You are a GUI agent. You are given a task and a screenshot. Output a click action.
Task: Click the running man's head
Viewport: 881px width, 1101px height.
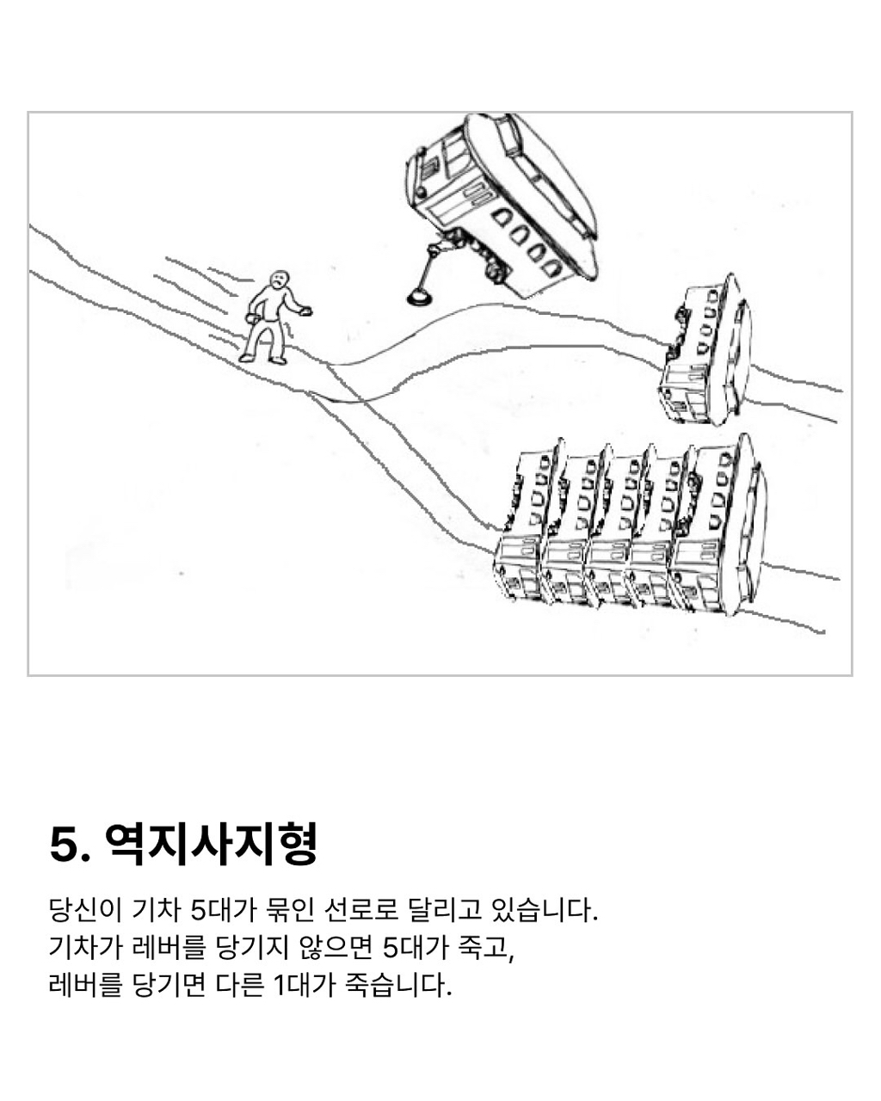click(x=279, y=280)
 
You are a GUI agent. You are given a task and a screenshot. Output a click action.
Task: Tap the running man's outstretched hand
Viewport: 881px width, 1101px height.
click(x=306, y=310)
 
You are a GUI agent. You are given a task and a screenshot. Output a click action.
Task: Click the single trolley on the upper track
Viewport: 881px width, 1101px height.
click(x=705, y=350)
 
